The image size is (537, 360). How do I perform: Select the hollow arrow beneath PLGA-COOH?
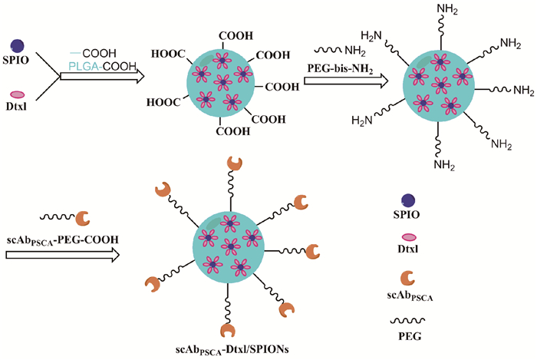click(x=104, y=77)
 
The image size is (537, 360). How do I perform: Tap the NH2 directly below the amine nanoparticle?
click(x=446, y=162)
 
